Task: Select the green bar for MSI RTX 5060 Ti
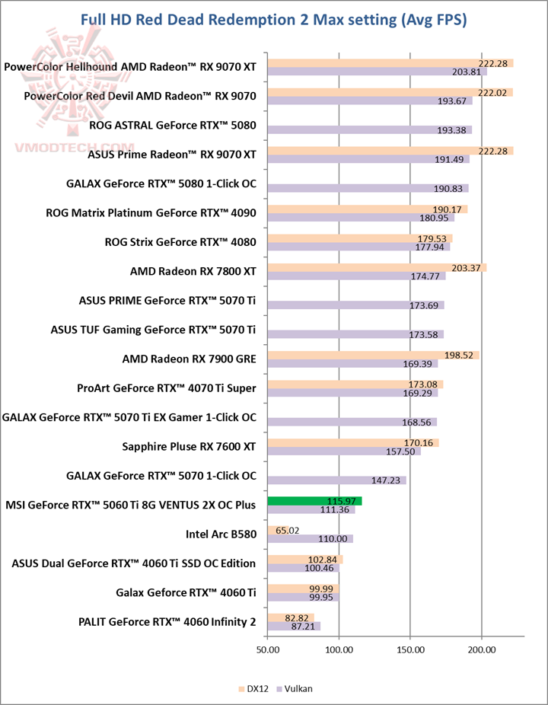[x=314, y=500]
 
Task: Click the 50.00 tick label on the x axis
[x=267, y=649]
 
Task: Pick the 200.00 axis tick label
[x=481, y=649]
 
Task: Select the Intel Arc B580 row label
[x=221, y=534]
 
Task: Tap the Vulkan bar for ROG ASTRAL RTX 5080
[x=369, y=130]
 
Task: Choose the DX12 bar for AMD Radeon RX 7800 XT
[x=377, y=267]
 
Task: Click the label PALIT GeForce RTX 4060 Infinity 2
[x=167, y=623]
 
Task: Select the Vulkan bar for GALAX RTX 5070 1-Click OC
[x=336, y=480]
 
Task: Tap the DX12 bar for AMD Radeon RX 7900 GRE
[x=373, y=355]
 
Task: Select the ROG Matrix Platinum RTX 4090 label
[x=151, y=213]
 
